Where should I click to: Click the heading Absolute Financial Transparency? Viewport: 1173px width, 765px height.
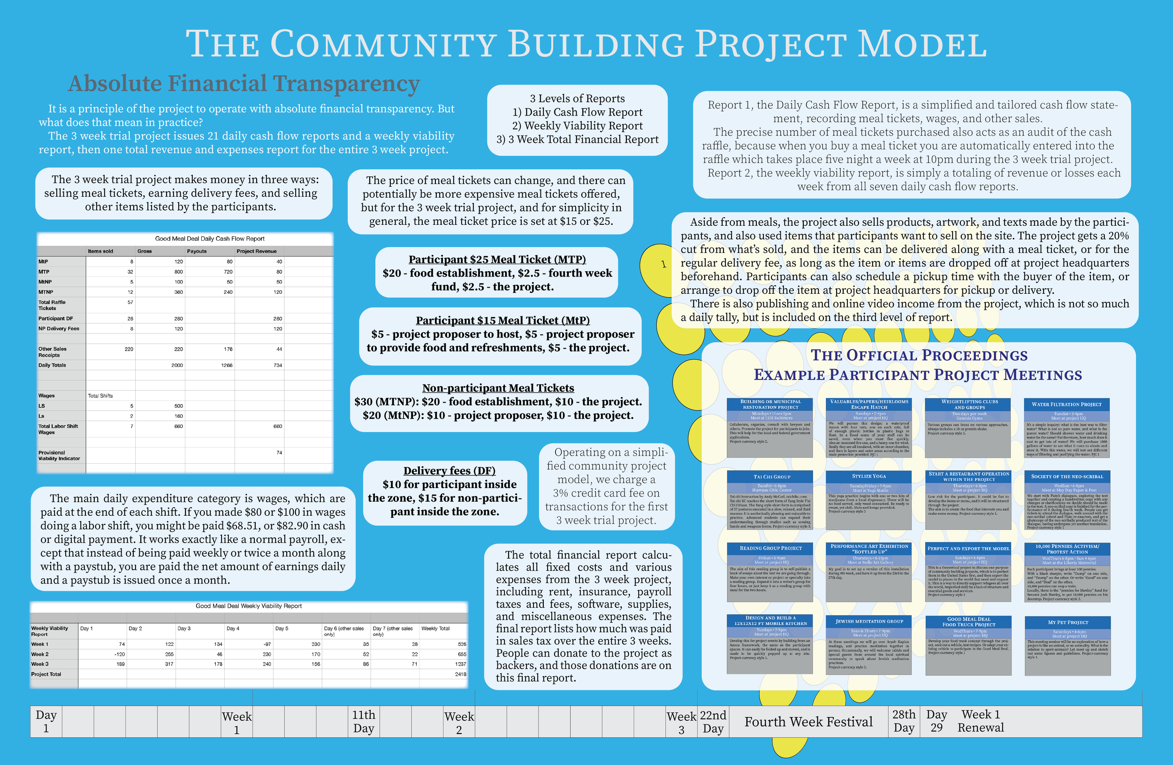coord(244,83)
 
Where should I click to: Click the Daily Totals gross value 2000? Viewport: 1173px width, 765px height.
coord(177,365)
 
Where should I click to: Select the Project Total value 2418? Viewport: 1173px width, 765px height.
coord(460,674)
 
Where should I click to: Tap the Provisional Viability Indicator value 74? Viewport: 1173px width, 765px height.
coord(279,452)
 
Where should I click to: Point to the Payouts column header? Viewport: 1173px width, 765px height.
coord(197,251)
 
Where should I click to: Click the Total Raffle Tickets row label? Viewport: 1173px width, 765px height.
coord(52,305)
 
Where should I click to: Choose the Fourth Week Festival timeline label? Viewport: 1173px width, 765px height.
coord(808,722)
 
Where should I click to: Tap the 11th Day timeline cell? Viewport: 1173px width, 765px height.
coord(364,722)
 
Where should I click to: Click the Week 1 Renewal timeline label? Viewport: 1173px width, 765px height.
coord(980,721)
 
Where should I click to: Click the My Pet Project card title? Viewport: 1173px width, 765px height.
coord(1067,622)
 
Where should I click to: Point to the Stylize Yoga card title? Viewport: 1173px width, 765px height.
coord(868,476)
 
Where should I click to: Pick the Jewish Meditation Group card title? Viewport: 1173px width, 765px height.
coord(869,621)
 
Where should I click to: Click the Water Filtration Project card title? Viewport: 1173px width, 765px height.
coord(1066,404)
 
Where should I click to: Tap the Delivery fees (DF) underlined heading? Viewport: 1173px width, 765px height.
coord(449,471)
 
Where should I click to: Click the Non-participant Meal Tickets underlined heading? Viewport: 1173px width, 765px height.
coord(498,388)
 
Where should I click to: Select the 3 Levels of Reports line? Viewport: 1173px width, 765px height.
coord(577,99)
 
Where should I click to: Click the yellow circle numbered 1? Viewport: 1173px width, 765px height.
coord(663,265)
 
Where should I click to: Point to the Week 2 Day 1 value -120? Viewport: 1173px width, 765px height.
coord(119,654)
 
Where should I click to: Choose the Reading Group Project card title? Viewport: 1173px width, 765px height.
coord(770,548)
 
